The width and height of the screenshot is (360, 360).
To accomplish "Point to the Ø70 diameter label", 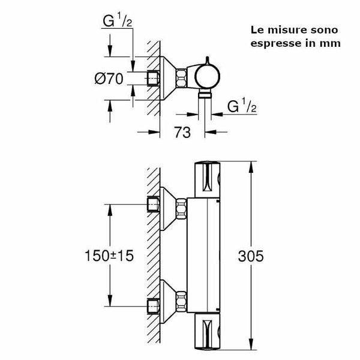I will coord(109,77).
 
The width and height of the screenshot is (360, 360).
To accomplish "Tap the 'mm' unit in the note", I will coord(332,43).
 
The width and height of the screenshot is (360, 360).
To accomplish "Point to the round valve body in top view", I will coord(206,76).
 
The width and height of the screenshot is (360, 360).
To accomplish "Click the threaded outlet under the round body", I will coord(206,95).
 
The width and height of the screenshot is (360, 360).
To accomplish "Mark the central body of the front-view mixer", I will coord(206,252).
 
